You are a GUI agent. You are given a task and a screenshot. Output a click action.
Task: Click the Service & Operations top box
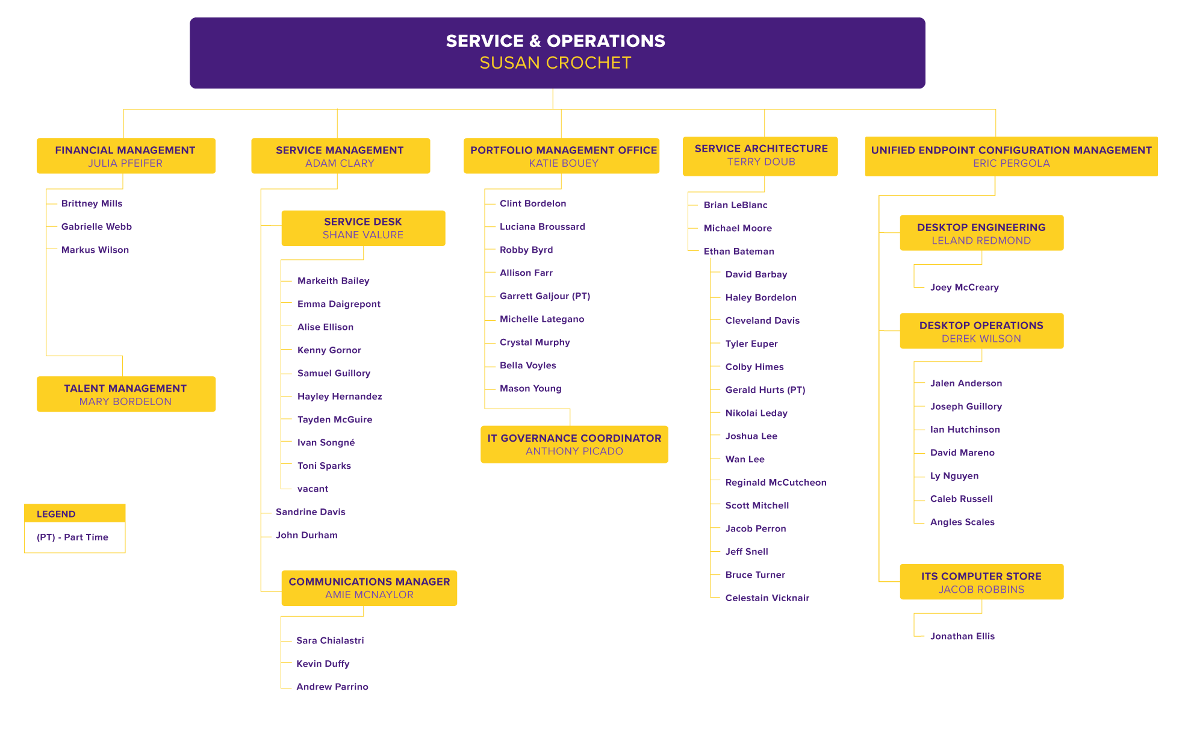(x=557, y=53)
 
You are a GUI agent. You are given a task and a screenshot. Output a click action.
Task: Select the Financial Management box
(x=126, y=156)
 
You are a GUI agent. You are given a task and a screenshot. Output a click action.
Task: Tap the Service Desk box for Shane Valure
(x=363, y=228)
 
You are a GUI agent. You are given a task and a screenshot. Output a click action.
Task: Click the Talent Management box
(x=126, y=394)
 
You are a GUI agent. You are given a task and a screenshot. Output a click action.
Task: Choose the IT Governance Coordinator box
(x=574, y=444)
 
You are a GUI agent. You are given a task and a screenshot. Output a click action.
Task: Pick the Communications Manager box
(x=369, y=588)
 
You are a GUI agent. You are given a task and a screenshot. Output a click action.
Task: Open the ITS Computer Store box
(x=981, y=582)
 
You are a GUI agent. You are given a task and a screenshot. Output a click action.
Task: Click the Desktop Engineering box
(x=981, y=233)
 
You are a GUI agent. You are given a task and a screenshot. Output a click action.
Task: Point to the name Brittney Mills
(x=92, y=203)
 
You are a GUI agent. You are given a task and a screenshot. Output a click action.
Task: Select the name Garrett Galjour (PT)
(x=544, y=296)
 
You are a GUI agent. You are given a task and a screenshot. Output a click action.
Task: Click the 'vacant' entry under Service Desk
(x=313, y=489)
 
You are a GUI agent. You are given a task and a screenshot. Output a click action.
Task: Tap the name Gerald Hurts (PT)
(x=765, y=390)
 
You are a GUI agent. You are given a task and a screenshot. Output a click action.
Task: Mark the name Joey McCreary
(x=964, y=287)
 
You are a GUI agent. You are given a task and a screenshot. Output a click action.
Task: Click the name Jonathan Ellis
(x=962, y=636)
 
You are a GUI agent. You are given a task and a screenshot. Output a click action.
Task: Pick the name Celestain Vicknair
(x=767, y=598)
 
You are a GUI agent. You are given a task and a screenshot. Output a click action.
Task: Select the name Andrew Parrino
(x=332, y=687)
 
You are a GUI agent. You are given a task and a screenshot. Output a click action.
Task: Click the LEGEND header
(x=56, y=514)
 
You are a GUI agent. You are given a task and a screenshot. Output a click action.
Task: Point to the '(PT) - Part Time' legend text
(x=72, y=537)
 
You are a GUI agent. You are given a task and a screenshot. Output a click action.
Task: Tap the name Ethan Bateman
(x=738, y=251)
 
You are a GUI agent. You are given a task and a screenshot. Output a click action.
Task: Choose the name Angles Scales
(x=962, y=522)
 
